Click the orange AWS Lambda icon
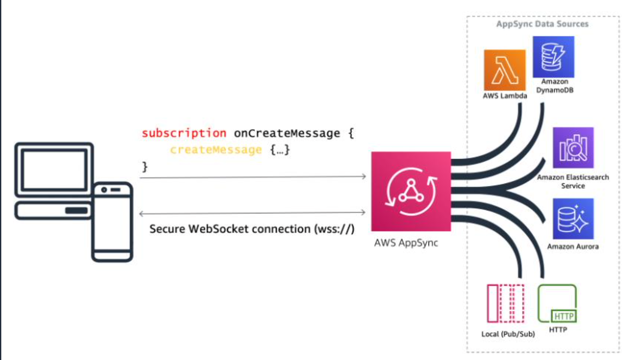coord(504,70)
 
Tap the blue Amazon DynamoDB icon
coord(553,57)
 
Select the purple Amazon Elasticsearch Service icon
coord(573,147)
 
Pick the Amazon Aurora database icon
coord(573,219)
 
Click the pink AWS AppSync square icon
coord(411,191)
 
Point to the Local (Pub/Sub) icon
coord(506,303)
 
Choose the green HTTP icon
coord(557,303)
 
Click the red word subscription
coord(184,133)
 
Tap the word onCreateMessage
coord(287,133)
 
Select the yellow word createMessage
coord(216,150)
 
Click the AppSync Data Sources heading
coord(542,24)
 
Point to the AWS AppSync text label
coord(406,243)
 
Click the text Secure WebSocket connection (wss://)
coord(252,229)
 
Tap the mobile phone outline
coord(112,222)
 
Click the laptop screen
coord(54,170)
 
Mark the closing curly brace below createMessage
coord(145,166)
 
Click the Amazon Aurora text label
coord(573,246)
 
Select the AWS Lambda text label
coord(504,96)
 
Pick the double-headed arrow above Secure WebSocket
coord(252,213)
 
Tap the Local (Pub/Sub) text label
coord(508,334)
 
